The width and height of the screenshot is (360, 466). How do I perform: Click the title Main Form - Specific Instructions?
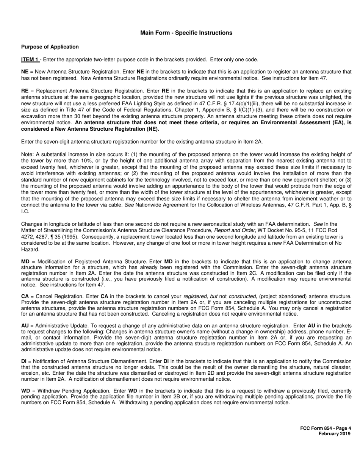click(186, 33)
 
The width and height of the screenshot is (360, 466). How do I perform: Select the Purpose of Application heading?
click(50, 47)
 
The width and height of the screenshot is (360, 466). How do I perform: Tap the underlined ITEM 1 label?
click(30, 59)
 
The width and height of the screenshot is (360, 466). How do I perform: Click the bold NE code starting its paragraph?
click(25, 72)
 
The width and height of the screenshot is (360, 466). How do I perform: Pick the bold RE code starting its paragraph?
click(25, 91)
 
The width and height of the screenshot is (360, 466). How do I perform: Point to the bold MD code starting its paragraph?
click(25, 262)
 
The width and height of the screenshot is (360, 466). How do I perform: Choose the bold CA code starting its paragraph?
click(25, 296)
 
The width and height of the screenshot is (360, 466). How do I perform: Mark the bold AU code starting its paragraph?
click(25, 325)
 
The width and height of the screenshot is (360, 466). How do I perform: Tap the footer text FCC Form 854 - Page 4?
click(326, 428)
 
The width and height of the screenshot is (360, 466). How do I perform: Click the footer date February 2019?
click(334, 434)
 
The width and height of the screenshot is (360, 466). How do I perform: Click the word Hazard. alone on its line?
click(30, 250)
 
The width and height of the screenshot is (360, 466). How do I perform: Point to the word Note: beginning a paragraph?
click(28, 155)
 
